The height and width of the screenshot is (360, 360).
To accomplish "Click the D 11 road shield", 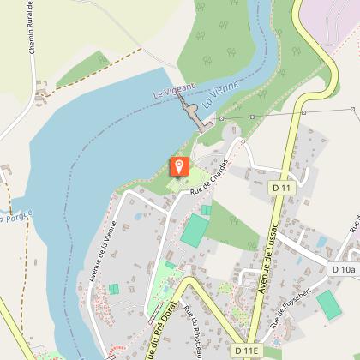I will click(x=281, y=187).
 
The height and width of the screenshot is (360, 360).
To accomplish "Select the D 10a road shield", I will click(x=343, y=269).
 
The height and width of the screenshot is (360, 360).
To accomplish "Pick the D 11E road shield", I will click(x=244, y=351).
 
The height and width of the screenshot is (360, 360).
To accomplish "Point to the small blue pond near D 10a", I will click(x=322, y=242).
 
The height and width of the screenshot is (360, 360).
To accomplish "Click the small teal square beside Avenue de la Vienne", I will click(x=113, y=290).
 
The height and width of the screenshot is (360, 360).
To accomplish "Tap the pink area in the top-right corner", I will click(x=334, y=17).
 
